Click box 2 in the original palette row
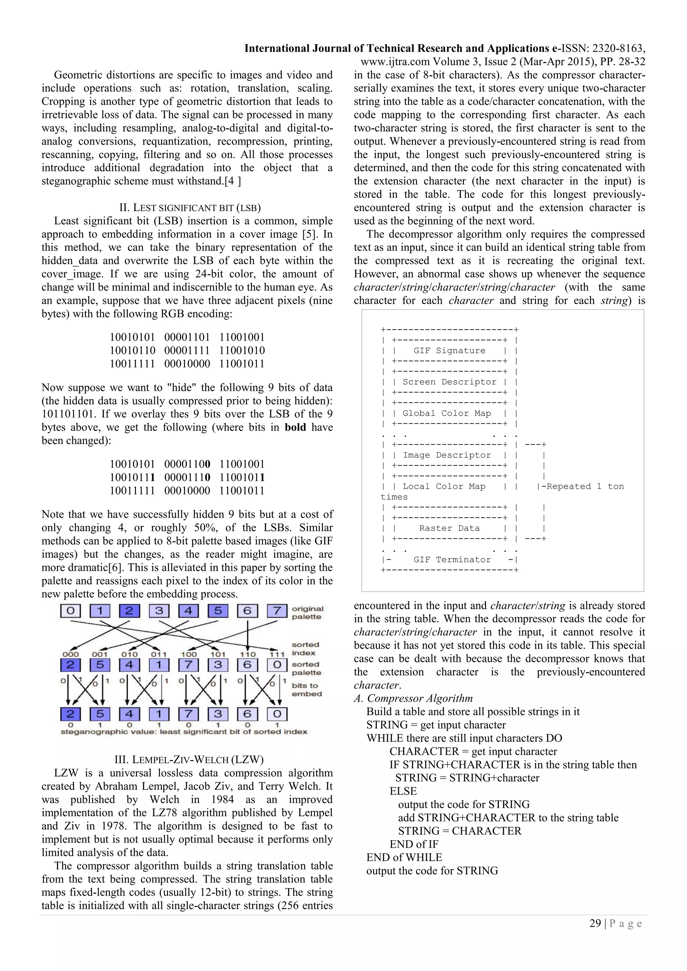(129, 611)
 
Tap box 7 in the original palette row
(277, 611)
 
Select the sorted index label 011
(159, 654)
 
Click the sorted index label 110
(248, 654)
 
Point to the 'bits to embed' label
(307, 689)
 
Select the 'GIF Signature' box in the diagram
(449, 351)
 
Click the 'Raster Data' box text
(449, 528)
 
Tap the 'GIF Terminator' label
(452, 560)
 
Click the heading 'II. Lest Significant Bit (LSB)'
(190, 208)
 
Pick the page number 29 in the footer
(595, 923)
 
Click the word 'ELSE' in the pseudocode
(403, 791)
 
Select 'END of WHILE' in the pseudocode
(404, 857)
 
